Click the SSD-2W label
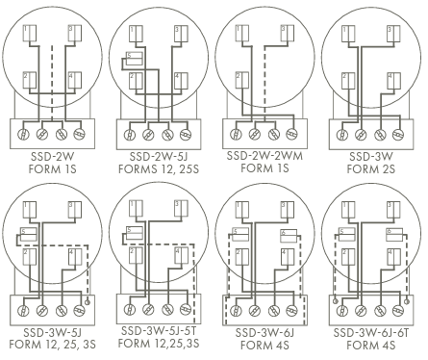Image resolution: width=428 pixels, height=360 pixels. pos(53,157)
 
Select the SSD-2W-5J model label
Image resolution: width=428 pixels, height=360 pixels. pos(159,157)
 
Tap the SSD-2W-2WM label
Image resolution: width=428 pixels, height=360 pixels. pos(264,156)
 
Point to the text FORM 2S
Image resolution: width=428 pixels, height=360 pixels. pos(371,168)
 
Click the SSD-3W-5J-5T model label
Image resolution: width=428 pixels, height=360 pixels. pos(159,330)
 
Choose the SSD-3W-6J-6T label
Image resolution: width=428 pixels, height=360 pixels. pos(371,333)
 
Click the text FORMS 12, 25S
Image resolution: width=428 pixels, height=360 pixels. pos(159,168)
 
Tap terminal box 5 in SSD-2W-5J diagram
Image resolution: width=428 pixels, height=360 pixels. pos(134,59)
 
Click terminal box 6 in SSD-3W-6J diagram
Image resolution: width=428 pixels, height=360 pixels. pos(289,235)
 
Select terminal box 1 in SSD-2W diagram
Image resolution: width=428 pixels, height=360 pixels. pos(30,33)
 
